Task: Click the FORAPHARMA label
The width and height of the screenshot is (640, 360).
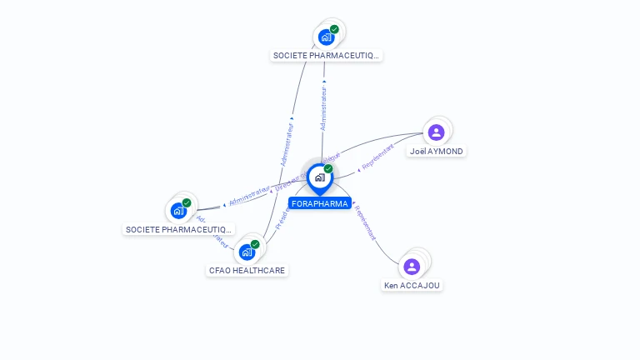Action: pyautogui.click(x=320, y=203)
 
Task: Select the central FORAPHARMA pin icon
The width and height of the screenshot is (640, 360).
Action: pyautogui.click(x=319, y=177)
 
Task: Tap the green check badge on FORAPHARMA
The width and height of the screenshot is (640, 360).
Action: pyautogui.click(x=328, y=169)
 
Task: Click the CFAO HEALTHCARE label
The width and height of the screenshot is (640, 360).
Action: pyautogui.click(x=247, y=271)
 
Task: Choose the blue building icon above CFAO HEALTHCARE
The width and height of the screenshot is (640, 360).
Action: pyautogui.click(x=247, y=252)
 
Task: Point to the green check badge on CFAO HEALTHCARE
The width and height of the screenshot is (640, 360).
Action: pyautogui.click(x=255, y=244)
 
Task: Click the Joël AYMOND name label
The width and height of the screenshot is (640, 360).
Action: pyautogui.click(x=437, y=152)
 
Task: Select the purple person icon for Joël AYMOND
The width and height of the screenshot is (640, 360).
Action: pyautogui.click(x=436, y=132)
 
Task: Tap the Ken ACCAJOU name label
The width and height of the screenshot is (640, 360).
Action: pyautogui.click(x=412, y=285)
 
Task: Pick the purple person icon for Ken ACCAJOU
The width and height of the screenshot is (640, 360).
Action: pyautogui.click(x=412, y=267)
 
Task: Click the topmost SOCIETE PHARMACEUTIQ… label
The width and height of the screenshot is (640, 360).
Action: pyautogui.click(x=327, y=56)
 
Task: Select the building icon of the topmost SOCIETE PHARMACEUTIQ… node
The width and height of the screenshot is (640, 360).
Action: pyautogui.click(x=326, y=37)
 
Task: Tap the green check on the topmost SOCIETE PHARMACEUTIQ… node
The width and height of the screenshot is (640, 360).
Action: pyautogui.click(x=334, y=29)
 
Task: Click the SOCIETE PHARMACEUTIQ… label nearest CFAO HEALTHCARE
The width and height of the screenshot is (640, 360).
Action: pyautogui.click(x=178, y=229)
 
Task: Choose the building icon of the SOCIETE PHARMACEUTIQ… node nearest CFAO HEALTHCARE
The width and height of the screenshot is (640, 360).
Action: pyautogui.click(x=178, y=210)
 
